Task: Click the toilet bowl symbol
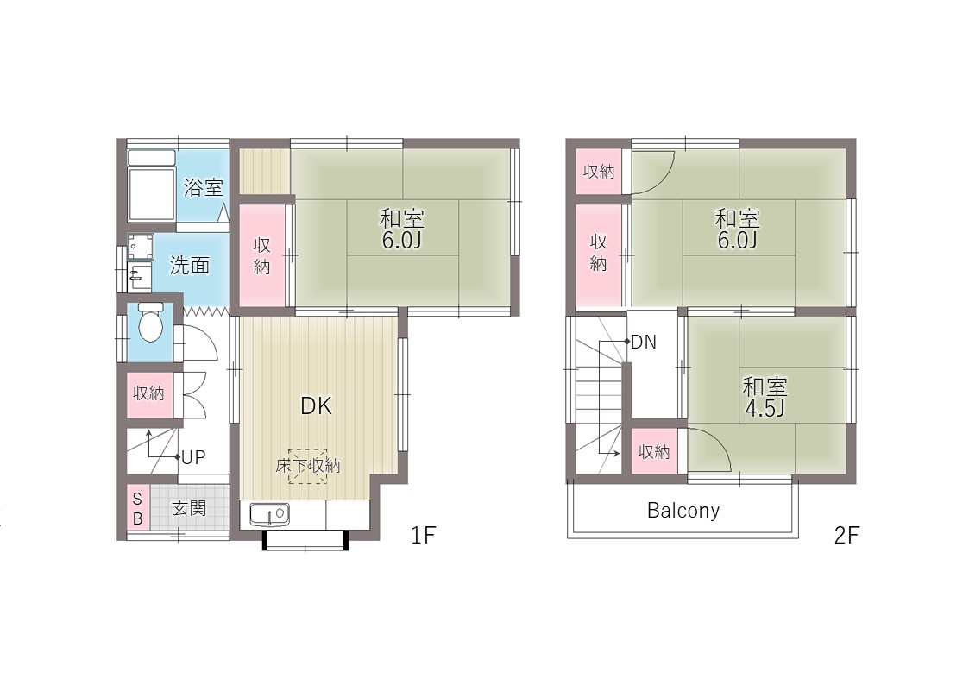(x=151, y=322)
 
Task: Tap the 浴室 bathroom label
(x=204, y=187)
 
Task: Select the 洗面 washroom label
(x=190, y=266)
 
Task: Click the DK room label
(x=317, y=405)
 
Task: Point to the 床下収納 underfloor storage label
(x=308, y=465)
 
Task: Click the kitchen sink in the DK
(x=269, y=514)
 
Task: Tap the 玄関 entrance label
(x=189, y=508)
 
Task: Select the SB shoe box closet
(x=138, y=508)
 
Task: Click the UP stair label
(x=193, y=458)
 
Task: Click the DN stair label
(x=644, y=342)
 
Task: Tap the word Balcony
(x=683, y=510)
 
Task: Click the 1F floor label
(x=424, y=535)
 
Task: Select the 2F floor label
(x=846, y=535)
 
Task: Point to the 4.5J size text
(x=765, y=408)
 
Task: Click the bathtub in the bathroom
(x=151, y=185)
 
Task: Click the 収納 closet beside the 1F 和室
(x=262, y=255)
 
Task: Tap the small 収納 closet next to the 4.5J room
(x=654, y=451)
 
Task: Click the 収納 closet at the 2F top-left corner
(x=599, y=171)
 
